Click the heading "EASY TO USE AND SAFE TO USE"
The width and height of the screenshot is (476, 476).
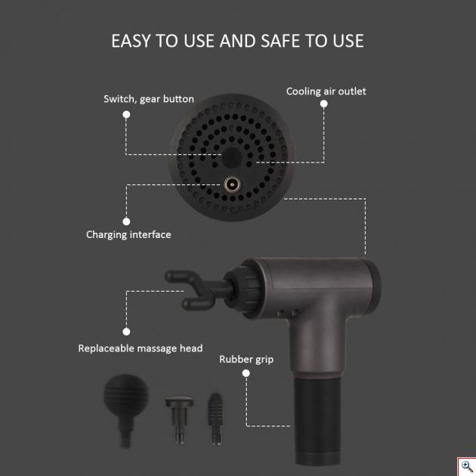(x=237, y=41)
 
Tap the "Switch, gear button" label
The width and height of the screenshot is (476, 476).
(x=149, y=99)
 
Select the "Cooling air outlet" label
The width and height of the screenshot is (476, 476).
(x=326, y=91)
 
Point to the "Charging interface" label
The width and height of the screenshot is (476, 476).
(x=128, y=235)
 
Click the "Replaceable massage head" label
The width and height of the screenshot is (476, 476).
(x=141, y=348)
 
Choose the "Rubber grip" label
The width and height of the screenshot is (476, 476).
(x=246, y=360)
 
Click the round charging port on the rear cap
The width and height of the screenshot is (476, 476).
(x=232, y=184)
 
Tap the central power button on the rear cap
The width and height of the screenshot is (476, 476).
(x=231, y=158)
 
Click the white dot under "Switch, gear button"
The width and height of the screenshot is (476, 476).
(x=126, y=114)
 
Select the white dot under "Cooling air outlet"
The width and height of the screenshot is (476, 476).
(x=324, y=104)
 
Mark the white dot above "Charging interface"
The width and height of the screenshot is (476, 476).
(x=126, y=221)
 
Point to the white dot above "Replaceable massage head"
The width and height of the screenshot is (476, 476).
(x=126, y=332)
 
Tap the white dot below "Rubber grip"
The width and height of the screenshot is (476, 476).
(x=246, y=373)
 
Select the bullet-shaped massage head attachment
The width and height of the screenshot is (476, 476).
(x=215, y=419)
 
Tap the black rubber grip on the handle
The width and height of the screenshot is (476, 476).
(x=317, y=420)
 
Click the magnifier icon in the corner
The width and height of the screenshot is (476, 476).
(x=467, y=466)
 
